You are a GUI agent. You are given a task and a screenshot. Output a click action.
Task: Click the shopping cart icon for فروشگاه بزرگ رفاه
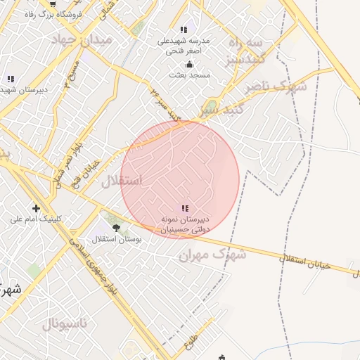[x=53, y=4]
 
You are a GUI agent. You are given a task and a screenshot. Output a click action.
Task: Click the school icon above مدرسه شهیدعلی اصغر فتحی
[x=184, y=29]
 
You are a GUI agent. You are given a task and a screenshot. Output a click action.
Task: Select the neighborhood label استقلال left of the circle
[x=121, y=181]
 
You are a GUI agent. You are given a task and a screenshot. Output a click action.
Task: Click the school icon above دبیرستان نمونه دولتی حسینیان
[x=184, y=208]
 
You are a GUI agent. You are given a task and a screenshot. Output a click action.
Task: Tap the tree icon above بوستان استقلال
[x=116, y=228]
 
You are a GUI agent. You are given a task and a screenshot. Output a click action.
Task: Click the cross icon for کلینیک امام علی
[x=36, y=207]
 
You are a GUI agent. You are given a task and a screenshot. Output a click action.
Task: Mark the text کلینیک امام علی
[x=36, y=219]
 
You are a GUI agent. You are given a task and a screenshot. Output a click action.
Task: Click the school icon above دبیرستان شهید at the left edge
[x=10, y=79]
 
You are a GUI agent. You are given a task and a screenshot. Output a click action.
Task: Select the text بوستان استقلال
[x=117, y=239]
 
